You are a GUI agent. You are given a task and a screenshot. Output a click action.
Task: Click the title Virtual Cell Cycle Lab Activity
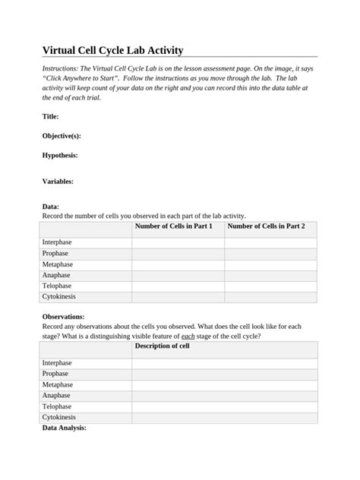tap(112, 51)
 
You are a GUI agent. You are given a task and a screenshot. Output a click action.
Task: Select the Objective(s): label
tap(62, 136)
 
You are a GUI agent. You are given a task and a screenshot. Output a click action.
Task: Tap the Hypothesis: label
tap(60, 155)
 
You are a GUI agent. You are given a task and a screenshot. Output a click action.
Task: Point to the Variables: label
tap(58, 182)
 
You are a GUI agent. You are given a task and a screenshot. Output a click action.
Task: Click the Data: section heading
tap(50, 207)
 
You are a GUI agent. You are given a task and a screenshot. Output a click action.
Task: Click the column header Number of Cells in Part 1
tap(173, 226)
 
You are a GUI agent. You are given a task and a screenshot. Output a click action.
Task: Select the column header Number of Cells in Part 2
tap(267, 226)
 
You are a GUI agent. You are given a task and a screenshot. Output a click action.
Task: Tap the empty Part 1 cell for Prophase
tap(178, 254)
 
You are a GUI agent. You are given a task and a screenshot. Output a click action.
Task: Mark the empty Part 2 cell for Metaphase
tap(270, 264)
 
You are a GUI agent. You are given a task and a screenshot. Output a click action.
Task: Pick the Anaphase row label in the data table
tap(56, 275)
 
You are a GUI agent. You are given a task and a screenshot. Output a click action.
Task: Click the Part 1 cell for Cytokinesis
tap(178, 297)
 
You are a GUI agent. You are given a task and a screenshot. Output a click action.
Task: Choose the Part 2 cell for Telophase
tap(270, 286)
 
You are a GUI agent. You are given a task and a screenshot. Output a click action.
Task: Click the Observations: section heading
tap(63, 316)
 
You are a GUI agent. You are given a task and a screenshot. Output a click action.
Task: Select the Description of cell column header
tap(162, 346)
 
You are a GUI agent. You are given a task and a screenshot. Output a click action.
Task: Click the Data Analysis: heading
tap(65, 428)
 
